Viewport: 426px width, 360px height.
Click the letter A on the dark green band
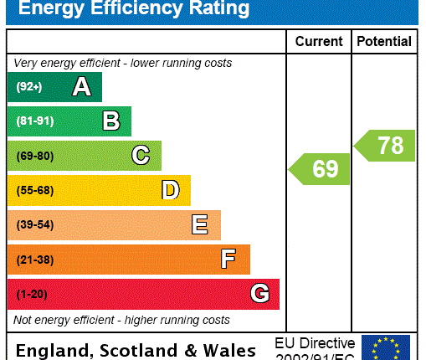(81, 86)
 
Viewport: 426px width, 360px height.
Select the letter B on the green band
(110, 121)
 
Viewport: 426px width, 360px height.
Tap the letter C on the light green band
(141, 156)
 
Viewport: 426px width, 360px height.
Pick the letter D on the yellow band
(170, 190)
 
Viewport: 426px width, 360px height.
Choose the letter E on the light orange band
(199, 224)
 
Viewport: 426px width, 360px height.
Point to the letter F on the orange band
(228, 260)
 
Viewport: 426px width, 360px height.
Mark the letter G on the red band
(259, 294)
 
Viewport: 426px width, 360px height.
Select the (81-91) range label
(34, 121)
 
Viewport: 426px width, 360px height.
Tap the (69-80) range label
(34, 156)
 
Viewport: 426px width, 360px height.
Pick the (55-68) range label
(34, 191)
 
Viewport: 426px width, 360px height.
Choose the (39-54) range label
(34, 225)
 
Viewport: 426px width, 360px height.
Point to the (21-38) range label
(34, 260)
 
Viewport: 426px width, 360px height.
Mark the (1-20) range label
(31, 295)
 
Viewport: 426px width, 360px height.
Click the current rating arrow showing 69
(319, 169)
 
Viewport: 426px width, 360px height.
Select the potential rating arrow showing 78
(385, 146)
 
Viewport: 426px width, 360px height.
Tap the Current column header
(319, 41)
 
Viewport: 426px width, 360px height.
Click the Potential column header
(384, 41)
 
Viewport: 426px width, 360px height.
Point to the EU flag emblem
(386, 347)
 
